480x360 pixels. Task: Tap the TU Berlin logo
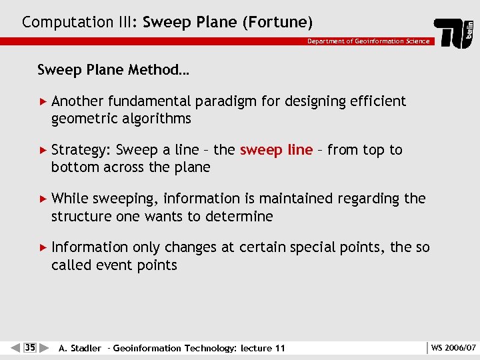[x=455, y=33]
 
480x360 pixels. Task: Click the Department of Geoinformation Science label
[x=368, y=41]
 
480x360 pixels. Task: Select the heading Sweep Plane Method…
[x=113, y=70]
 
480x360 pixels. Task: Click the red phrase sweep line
[x=276, y=150]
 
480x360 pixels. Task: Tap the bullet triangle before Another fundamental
[x=44, y=101]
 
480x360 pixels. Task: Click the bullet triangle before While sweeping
[x=44, y=199]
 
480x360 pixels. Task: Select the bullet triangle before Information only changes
[x=44, y=247]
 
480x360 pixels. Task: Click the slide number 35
[x=30, y=347]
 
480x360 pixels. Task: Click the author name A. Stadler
[x=80, y=348]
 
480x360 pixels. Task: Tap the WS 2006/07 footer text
[x=453, y=347]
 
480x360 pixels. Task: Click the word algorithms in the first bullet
[x=159, y=119]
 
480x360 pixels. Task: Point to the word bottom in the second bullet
[x=74, y=168]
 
